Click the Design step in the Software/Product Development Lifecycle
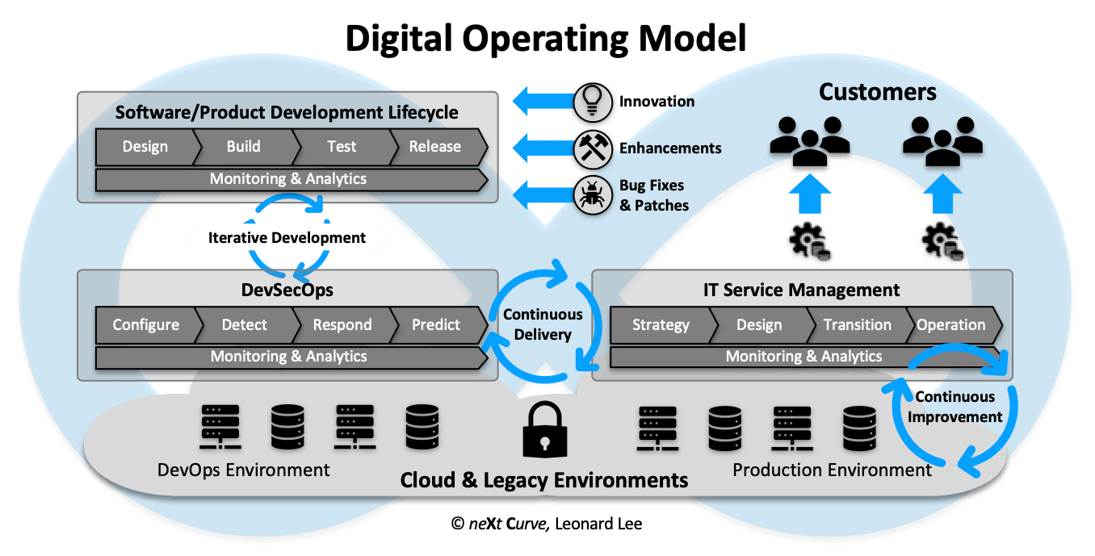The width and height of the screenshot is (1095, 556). pyautogui.click(x=145, y=147)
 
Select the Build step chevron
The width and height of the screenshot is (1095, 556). pyautogui.click(x=243, y=147)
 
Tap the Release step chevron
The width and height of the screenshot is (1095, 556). pyautogui.click(x=435, y=147)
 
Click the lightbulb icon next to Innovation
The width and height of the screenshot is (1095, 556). pyautogui.click(x=594, y=101)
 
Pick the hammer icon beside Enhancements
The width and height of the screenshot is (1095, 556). pyautogui.click(x=594, y=148)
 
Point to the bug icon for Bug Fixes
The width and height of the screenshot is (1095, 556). pyautogui.click(x=594, y=196)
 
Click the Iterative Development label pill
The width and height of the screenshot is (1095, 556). pyautogui.click(x=287, y=238)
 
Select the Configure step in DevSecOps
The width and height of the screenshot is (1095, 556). pyautogui.click(x=145, y=325)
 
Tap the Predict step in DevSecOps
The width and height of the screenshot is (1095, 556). pyautogui.click(x=436, y=325)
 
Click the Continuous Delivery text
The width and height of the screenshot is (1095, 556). pyautogui.click(x=543, y=324)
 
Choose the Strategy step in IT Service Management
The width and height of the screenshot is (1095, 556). pyautogui.click(x=661, y=325)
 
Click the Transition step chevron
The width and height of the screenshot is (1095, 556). pyautogui.click(x=857, y=325)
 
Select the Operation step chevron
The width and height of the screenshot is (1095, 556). pyautogui.click(x=951, y=325)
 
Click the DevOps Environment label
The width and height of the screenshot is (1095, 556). pyautogui.click(x=243, y=470)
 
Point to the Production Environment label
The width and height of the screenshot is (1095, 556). pyautogui.click(x=832, y=470)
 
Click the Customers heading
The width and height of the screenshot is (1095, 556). pyautogui.click(x=877, y=92)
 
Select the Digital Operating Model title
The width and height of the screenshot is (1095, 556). pyautogui.click(x=546, y=38)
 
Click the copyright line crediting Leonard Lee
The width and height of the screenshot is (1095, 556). pyautogui.click(x=547, y=524)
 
